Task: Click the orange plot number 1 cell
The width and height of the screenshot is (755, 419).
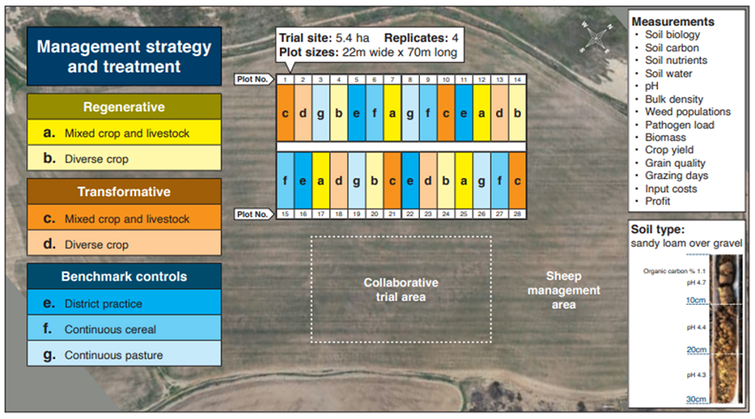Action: click(x=285, y=113)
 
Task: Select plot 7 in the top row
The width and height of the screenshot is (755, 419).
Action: click(x=392, y=113)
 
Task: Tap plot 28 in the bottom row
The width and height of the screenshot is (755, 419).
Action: click(x=517, y=180)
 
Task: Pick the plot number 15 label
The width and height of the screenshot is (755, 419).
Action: click(x=285, y=213)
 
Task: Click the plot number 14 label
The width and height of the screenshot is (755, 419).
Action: click(x=517, y=80)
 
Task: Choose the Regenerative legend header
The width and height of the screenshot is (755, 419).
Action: click(x=124, y=106)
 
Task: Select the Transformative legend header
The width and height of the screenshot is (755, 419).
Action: click(x=124, y=191)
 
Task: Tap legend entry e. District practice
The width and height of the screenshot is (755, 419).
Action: click(x=124, y=302)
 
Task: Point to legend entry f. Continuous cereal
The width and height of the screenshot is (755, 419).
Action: click(x=124, y=328)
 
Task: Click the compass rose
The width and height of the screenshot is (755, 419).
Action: click(x=596, y=37)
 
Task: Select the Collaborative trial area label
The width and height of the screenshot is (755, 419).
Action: click(x=400, y=289)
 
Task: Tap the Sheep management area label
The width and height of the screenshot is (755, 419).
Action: click(x=563, y=290)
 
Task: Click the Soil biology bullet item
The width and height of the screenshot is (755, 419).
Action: click(x=672, y=35)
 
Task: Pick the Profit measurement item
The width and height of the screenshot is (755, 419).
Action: click(x=657, y=201)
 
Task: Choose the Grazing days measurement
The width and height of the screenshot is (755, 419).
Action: click(x=676, y=176)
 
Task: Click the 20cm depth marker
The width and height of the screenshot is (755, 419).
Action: click(x=696, y=350)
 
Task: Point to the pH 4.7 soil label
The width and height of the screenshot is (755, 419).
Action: click(x=696, y=283)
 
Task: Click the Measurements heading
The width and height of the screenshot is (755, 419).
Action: click(x=672, y=22)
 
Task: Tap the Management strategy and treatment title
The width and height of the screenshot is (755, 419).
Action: click(x=124, y=57)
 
